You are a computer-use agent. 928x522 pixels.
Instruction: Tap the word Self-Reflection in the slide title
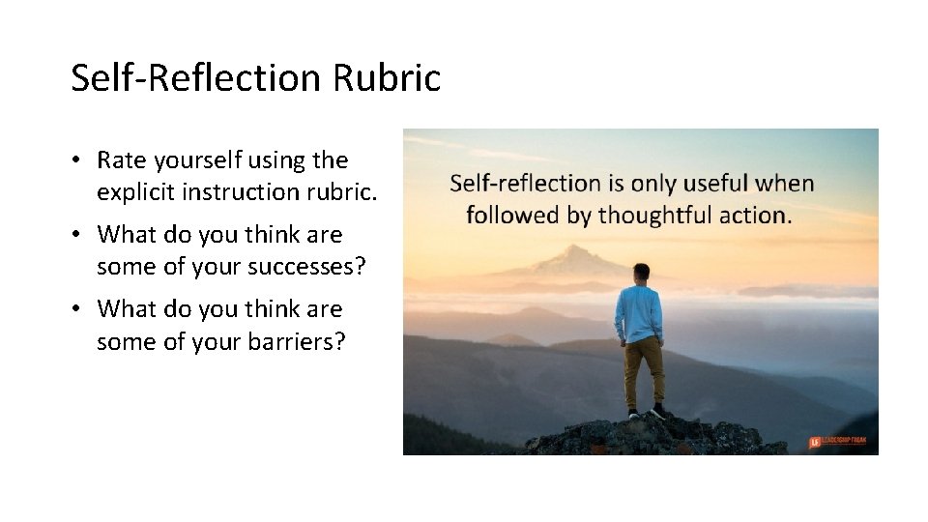[x=196, y=77]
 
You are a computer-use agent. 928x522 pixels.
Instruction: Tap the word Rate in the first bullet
[x=121, y=159]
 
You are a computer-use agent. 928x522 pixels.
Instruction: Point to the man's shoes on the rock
[x=646, y=412]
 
